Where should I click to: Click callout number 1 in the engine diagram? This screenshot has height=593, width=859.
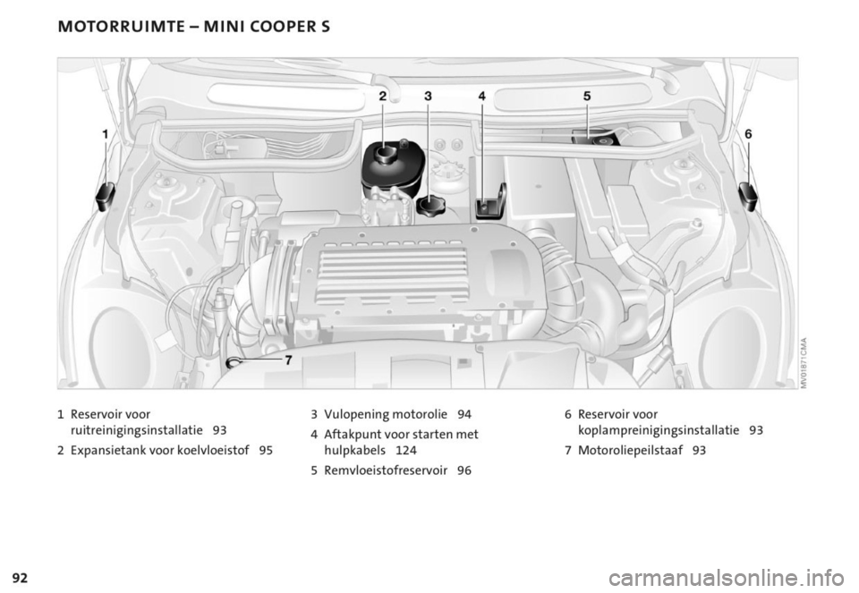tap(106, 134)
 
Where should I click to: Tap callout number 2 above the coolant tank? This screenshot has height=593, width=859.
tap(383, 96)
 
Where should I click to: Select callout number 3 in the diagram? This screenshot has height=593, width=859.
tap(428, 96)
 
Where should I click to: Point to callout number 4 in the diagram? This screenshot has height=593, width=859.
tap(481, 96)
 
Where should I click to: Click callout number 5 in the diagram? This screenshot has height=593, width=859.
tap(587, 95)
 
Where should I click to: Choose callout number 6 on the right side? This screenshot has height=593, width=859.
tap(748, 134)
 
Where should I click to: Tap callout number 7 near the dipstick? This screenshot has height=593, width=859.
tap(288, 360)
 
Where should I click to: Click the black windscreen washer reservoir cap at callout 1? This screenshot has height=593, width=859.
tap(106, 196)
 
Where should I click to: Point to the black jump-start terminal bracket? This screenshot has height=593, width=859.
tap(490, 202)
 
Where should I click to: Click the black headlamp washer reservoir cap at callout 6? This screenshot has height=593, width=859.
tap(748, 196)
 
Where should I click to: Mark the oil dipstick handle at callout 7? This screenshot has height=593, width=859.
tap(234, 362)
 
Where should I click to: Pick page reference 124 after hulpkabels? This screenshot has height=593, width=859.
tap(405, 450)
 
